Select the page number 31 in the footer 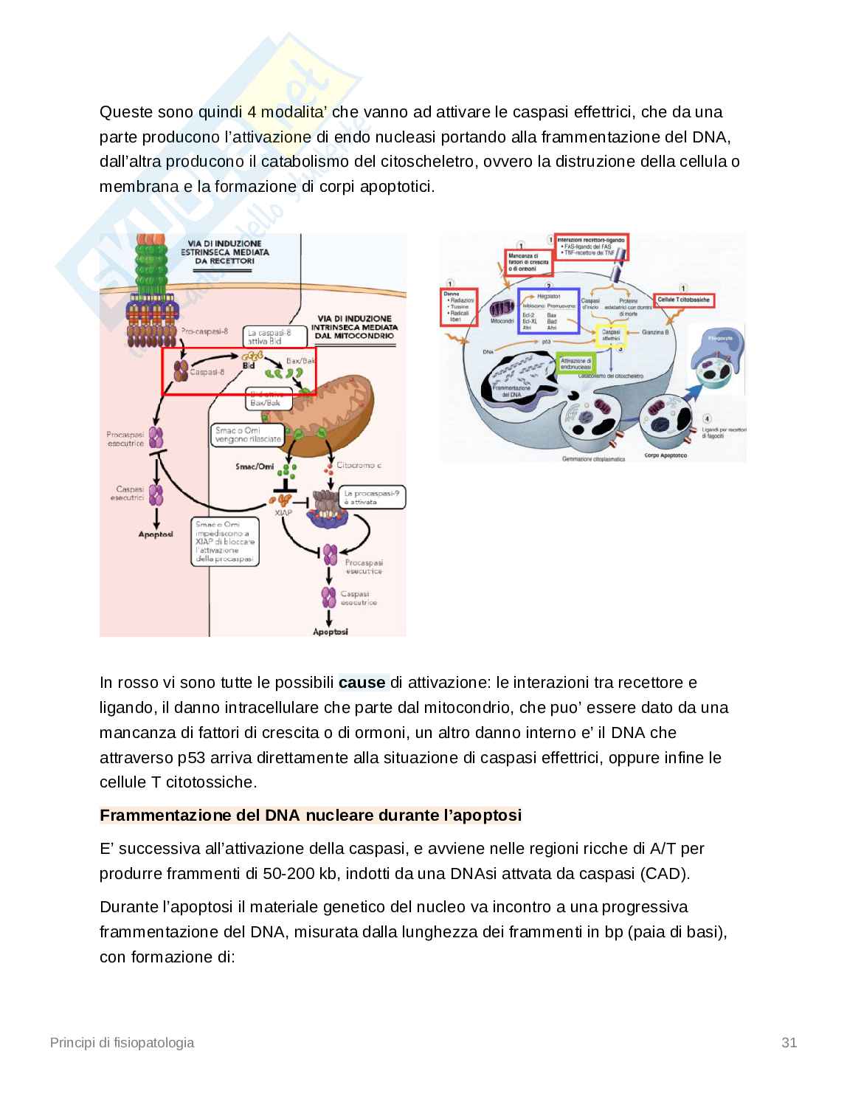point(789,1043)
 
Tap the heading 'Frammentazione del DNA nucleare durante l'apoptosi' point(311,816)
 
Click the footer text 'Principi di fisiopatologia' point(122,1043)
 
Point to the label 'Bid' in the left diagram point(249,365)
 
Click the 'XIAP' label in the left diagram point(283,512)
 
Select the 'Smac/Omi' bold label point(255,466)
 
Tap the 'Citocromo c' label point(359,466)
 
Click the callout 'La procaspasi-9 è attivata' point(372,497)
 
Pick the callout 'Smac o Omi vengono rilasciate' point(248,435)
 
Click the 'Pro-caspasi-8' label point(204,331)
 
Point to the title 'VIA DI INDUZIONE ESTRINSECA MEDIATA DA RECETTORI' point(224,252)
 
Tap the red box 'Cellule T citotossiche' point(684,300)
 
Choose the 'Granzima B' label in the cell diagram point(655,333)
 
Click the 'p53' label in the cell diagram point(547,342)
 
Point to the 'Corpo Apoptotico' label point(666,455)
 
